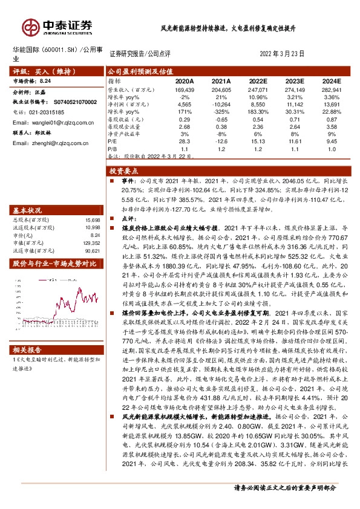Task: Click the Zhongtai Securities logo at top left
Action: [x=57, y=26]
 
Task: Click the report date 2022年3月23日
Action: [x=281, y=54]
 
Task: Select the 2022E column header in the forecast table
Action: [x=258, y=80]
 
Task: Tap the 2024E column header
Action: [x=332, y=80]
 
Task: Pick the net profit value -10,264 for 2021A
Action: [x=221, y=105]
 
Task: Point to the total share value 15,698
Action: [x=91, y=220]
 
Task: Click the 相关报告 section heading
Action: [x=28, y=349]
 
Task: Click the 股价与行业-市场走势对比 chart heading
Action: [x=54, y=264]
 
